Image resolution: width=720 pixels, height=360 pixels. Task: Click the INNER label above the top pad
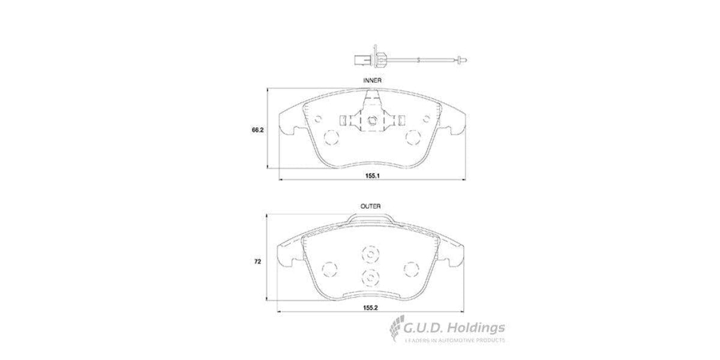click(x=372, y=79)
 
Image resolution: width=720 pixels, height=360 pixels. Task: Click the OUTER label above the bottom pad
click(x=370, y=206)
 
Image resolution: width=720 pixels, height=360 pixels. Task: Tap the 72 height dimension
click(x=259, y=262)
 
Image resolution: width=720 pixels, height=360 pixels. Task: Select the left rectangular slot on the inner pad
click(x=342, y=121)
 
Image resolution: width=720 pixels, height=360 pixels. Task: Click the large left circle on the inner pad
click(x=331, y=138)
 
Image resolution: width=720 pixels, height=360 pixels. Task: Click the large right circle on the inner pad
click(x=413, y=138)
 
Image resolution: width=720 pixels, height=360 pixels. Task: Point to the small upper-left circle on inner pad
click(x=319, y=118)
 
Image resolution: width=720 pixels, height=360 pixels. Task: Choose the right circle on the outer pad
click(x=412, y=268)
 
